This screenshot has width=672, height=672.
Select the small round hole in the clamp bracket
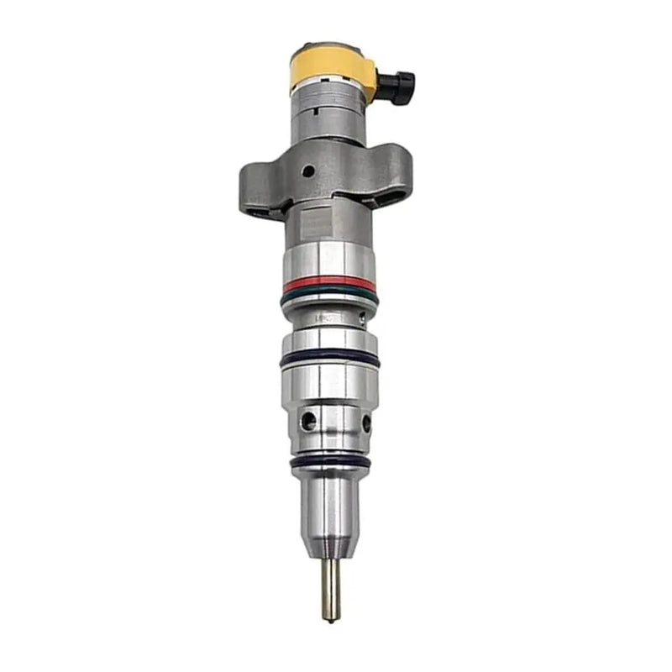click(x=309, y=171)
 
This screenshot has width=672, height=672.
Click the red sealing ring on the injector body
click(x=328, y=283)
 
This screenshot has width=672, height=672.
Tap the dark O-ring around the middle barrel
click(x=329, y=359)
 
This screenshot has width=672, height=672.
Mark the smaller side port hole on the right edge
click(x=366, y=423)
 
